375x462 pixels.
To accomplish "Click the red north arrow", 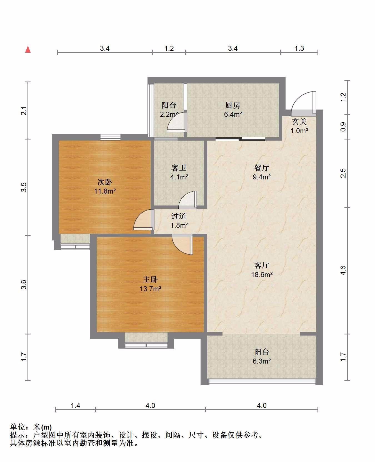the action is pos(28,49).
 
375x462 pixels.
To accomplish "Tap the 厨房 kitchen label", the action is pos(232,105).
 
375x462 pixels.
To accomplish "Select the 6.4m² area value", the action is pos(233,114).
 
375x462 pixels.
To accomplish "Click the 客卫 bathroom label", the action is pos(179,168).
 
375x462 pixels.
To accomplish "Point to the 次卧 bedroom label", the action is pos(105,182).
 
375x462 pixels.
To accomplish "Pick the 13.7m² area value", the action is pos(151,289).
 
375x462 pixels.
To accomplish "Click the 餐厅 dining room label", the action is pos(261,168).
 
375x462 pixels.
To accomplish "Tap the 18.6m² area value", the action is pos(262,275).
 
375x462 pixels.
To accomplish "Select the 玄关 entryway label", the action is pos(299,121).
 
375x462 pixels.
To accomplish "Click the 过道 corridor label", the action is pos(179,216).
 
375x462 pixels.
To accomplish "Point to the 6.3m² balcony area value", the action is pos(262,361).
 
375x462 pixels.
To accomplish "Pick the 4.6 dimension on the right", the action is pos(343,270).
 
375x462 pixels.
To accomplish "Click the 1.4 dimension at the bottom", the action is pos(76,406).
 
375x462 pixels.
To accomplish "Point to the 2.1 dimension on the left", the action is pos(24,111).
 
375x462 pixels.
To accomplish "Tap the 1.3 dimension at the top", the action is pos(299,48).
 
